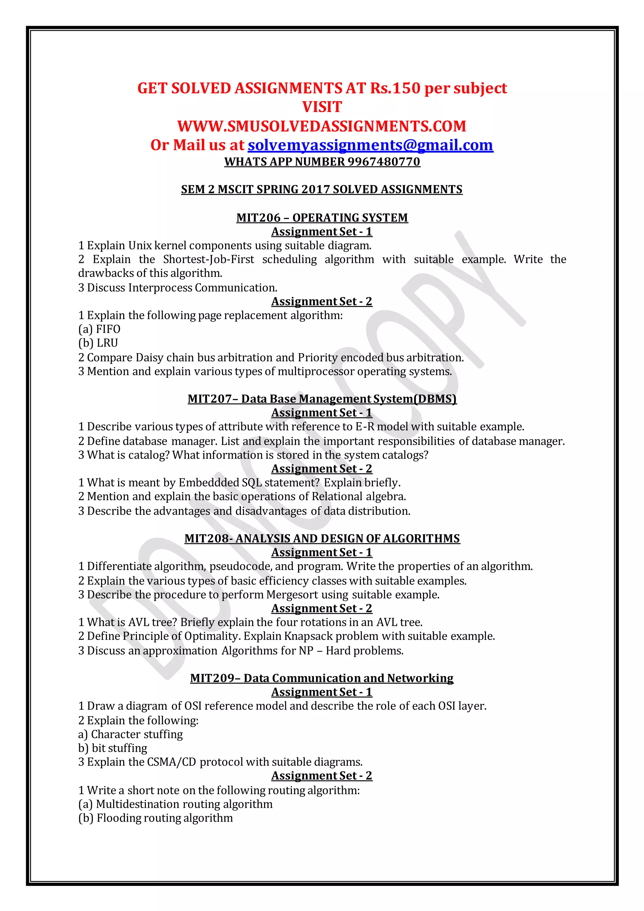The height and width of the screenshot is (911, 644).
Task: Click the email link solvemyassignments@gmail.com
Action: pos(370,145)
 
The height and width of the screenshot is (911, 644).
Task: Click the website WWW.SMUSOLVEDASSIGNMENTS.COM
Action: pos(322,126)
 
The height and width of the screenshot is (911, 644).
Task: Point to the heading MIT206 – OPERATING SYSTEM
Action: pos(322,218)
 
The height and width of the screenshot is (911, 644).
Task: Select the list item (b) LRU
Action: pos(98,343)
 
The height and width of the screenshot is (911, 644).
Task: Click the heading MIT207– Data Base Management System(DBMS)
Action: pos(322,399)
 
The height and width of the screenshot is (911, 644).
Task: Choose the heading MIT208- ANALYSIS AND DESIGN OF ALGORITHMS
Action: pos(322,539)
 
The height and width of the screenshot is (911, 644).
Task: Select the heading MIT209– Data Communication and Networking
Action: pos(322,678)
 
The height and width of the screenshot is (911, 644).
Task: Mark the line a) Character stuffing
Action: pos(130,735)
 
